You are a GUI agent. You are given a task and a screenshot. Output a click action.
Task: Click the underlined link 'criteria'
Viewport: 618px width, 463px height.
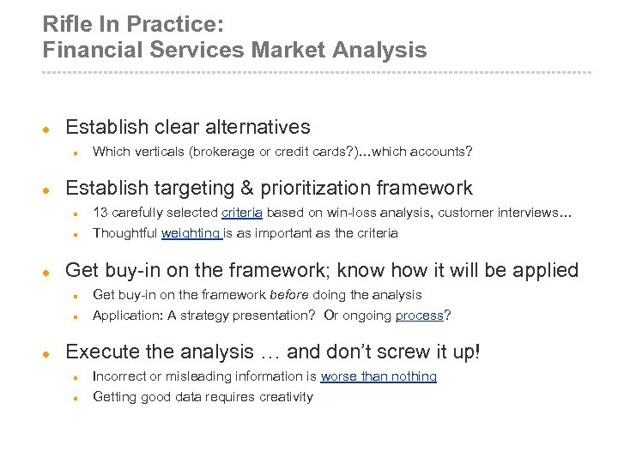242,213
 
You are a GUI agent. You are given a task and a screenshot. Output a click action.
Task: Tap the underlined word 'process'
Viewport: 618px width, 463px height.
419,316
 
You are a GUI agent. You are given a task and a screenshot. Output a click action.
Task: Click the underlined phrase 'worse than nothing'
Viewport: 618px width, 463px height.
379,376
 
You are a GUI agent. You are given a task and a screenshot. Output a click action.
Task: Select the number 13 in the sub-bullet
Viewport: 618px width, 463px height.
100,213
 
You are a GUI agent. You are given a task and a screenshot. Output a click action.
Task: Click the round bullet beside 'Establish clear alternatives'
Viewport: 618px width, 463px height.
48,129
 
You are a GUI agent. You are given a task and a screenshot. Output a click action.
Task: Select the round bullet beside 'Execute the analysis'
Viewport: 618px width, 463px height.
48,353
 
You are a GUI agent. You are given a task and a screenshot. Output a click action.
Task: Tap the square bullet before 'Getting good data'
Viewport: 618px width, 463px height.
76,398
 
